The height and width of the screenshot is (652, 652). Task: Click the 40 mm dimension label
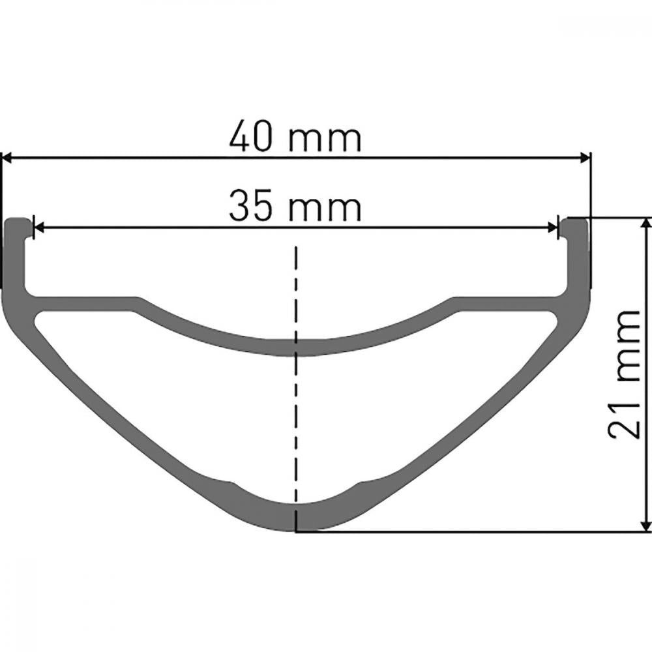click(295, 136)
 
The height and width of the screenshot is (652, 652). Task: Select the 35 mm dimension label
click(295, 205)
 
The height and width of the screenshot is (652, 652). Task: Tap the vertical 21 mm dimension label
click(623, 374)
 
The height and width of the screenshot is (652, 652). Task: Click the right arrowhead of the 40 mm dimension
click(583, 158)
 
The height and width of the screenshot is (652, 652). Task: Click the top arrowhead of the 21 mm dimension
click(645, 224)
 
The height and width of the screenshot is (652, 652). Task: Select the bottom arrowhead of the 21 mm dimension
click(645, 524)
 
